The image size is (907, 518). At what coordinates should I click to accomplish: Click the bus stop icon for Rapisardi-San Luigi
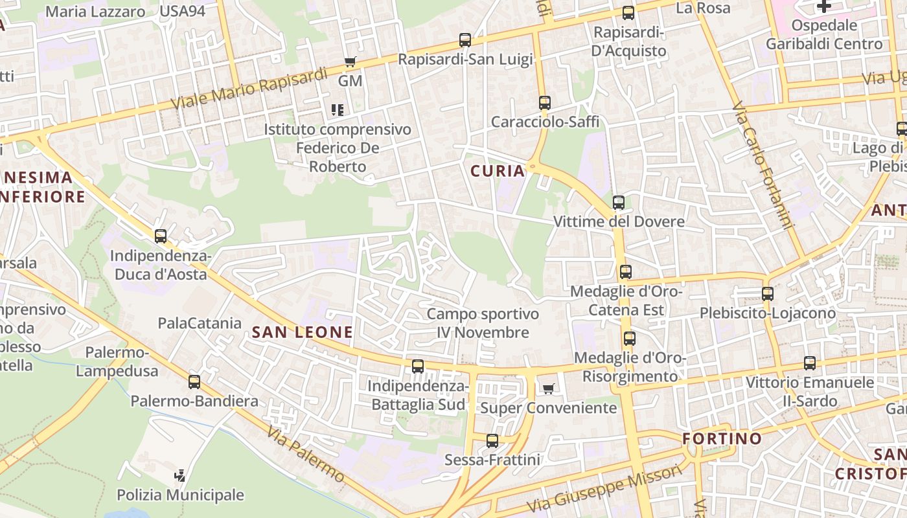click(465, 40)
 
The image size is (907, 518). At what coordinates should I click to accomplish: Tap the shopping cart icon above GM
click(350, 62)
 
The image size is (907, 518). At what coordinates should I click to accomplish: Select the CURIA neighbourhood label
click(498, 171)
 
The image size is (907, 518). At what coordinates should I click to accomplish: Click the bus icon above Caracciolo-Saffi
click(544, 103)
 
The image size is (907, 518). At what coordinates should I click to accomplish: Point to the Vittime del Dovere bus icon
click(618, 203)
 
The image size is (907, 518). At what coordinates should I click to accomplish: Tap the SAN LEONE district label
click(303, 332)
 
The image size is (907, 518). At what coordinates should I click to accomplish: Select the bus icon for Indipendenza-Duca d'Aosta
click(161, 236)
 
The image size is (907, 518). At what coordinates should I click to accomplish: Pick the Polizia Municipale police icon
click(180, 476)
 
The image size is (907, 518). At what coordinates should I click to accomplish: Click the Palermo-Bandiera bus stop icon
click(194, 382)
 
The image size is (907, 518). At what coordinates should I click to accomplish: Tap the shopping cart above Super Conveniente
click(548, 389)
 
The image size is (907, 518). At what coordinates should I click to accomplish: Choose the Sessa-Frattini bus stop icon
click(492, 441)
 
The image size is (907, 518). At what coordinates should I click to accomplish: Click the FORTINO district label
click(722, 438)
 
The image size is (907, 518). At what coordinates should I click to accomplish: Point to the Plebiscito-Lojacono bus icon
click(768, 294)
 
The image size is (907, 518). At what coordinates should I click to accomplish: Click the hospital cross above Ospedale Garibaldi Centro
click(823, 6)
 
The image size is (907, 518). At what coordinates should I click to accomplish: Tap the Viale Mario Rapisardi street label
click(249, 89)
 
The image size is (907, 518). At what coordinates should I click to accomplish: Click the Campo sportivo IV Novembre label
click(483, 323)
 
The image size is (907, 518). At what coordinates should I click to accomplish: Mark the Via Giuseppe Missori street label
click(604, 490)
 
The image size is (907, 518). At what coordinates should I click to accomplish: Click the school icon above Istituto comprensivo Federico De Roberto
click(337, 110)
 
